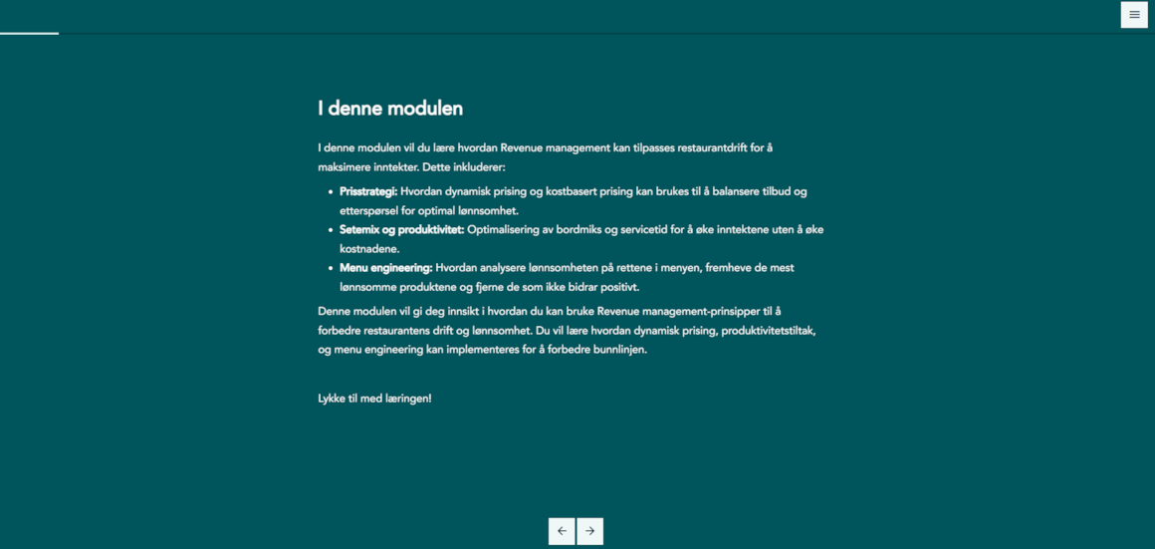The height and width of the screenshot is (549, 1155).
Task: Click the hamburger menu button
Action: coord(1134,15)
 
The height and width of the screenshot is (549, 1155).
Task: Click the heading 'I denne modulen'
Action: coord(390,109)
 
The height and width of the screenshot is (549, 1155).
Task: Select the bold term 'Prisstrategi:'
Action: coord(368,191)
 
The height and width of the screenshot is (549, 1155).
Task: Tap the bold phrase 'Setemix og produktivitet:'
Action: coord(401,229)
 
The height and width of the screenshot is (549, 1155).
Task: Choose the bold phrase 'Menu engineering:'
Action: coord(385,268)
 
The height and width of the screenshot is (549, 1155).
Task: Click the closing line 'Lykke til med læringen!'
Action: coord(374,399)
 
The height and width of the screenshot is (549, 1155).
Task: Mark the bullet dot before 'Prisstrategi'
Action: coord(331,191)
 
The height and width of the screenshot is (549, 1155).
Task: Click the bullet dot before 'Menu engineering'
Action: coord(331,268)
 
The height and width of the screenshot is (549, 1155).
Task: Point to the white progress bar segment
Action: coord(29,33)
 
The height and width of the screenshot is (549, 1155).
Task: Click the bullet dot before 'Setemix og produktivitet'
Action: coord(331,229)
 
